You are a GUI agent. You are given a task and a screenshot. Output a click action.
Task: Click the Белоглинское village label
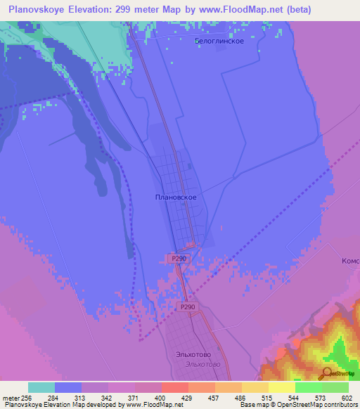pyautogui.click(x=219, y=41)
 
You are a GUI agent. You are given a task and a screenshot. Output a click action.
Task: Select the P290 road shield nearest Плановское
pyautogui.click(x=179, y=259)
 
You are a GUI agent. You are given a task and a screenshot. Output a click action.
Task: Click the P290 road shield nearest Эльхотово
pyautogui.click(x=186, y=307)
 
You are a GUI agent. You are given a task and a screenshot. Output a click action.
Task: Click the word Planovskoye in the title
pyautogui.click(x=39, y=10)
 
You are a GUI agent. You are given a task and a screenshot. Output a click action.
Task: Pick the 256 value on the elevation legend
pyautogui.click(x=27, y=397)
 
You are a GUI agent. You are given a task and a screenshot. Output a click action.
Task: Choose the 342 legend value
pyautogui.click(x=107, y=397)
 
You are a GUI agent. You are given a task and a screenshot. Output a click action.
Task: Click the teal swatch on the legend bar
pyautogui.click(x=41, y=387)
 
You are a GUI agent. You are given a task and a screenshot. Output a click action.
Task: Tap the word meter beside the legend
pyautogui.click(x=10, y=397)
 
